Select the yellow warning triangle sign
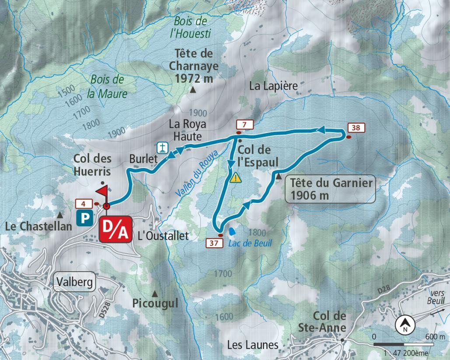pos(236,178)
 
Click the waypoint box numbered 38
pos(356,128)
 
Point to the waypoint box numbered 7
pos(245,125)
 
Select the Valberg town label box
pos(75,282)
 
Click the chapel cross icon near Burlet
pos(163,148)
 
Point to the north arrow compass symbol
pos(405,325)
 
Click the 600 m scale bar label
pos(435,337)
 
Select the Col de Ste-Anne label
pos(330,322)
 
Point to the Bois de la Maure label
pos(107,87)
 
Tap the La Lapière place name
pos(273,86)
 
